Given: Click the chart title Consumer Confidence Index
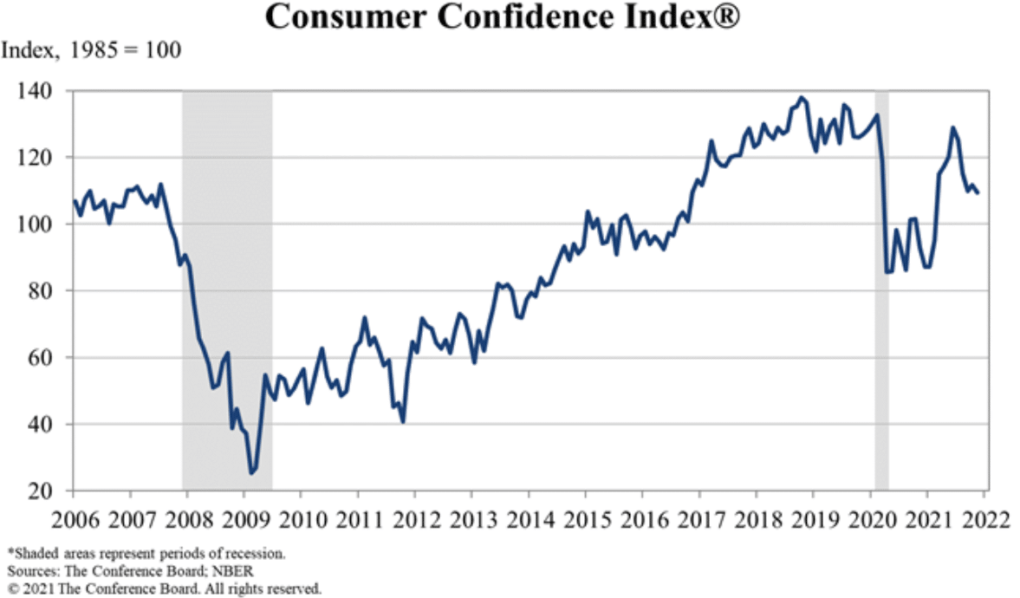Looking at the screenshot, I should point(502,16).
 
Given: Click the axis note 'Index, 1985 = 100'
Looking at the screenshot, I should point(91,51).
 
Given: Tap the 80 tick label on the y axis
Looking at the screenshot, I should point(42,291).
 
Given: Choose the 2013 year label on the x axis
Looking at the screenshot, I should point(471,523).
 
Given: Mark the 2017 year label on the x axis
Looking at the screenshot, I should point(699,523).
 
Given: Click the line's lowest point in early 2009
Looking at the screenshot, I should point(251,472).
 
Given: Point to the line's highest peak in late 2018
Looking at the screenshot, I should point(802,98).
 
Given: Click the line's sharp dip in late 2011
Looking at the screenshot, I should point(403,422).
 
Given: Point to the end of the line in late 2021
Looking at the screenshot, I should point(978,192).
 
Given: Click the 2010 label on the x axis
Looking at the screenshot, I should point(301,523).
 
